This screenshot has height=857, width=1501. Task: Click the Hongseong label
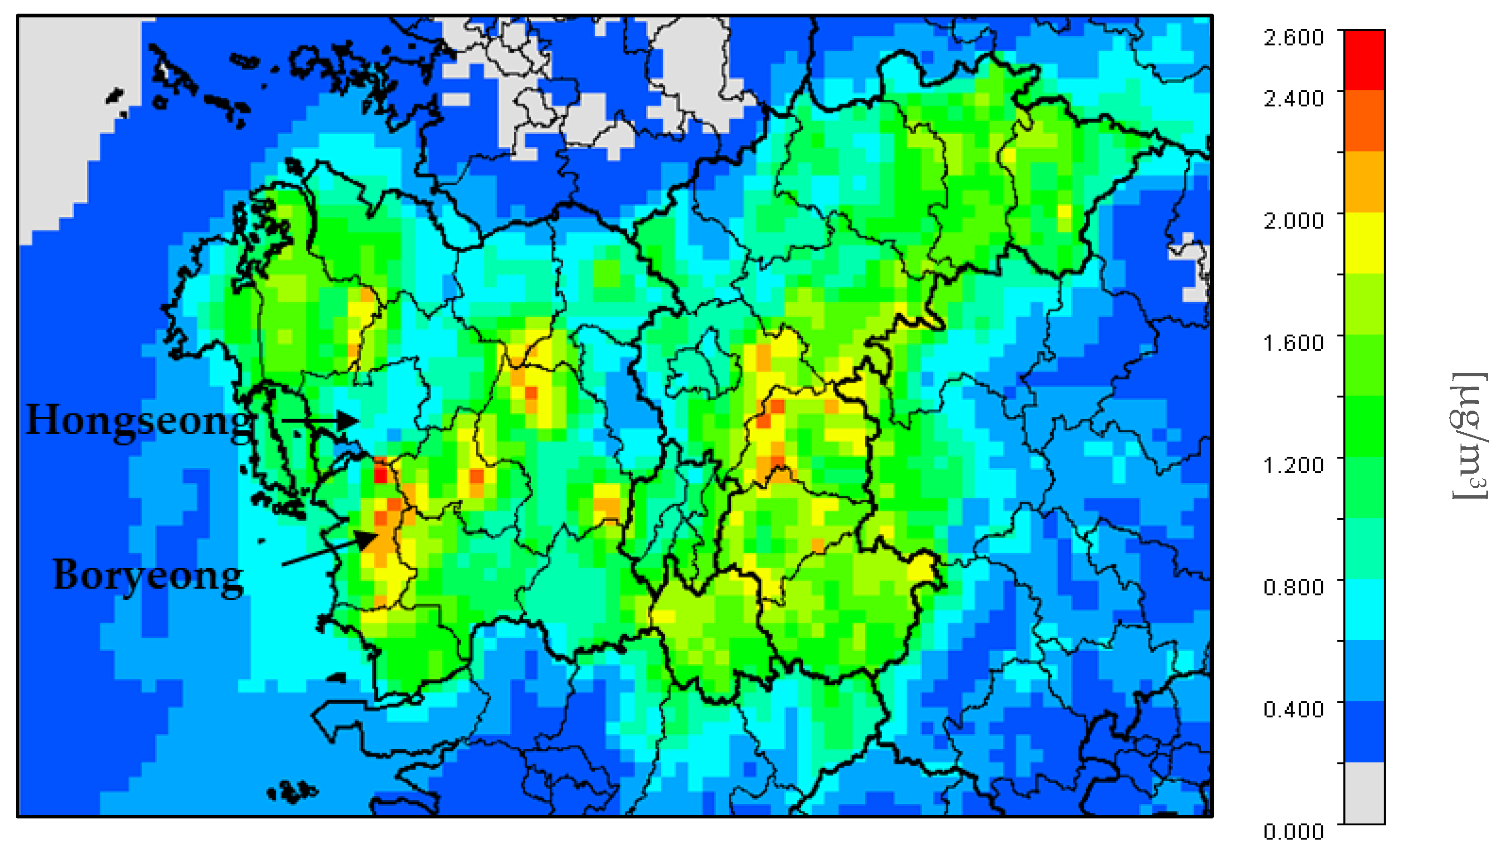(x=139, y=421)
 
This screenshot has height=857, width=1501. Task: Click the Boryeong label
(x=148, y=575)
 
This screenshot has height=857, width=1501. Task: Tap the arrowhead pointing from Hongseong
(x=350, y=420)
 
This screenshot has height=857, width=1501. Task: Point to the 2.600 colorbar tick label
(x=1293, y=37)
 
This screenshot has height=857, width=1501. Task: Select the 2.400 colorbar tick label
(x=1293, y=98)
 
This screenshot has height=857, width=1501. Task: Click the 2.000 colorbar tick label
(x=1293, y=220)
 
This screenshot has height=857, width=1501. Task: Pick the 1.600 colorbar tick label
(x=1293, y=342)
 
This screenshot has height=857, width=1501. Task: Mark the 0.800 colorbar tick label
(x=1293, y=587)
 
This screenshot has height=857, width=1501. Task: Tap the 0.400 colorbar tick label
(x=1293, y=709)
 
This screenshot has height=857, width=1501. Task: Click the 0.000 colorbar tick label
(x=1293, y=831)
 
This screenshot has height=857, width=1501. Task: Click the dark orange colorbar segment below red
(x=1364, y=121)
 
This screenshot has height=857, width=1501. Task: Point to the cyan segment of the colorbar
(x=1364, y=609)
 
